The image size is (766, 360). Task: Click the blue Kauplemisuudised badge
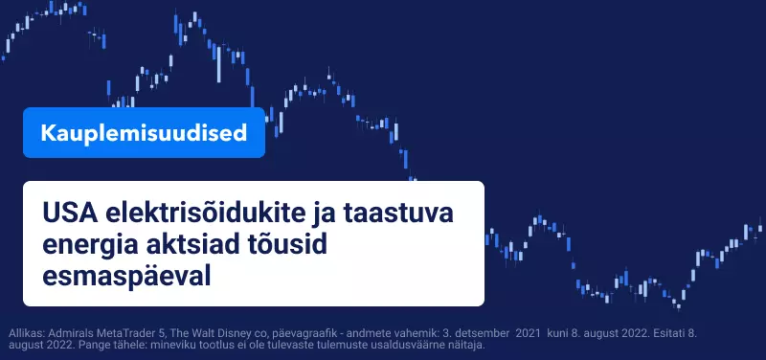click(145, 132)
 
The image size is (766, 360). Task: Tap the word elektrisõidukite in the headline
click(205, 214)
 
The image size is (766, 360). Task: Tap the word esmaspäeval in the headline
click(126, 277)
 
